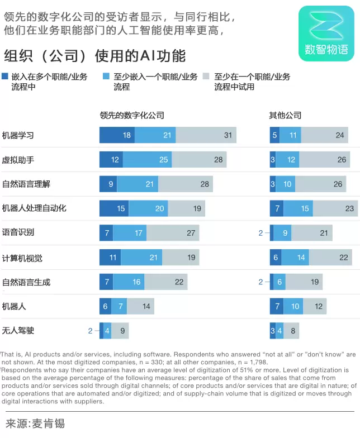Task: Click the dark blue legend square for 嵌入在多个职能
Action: point(6,77)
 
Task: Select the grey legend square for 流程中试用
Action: point(206,77)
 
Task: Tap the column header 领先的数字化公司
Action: point(132,115)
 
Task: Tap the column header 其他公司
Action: point(285,115)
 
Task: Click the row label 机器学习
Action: point(18,135)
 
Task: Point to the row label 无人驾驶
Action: point(18,331)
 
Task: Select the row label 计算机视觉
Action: point(22,258)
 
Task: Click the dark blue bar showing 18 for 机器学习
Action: point(117,135)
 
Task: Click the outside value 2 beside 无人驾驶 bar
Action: point(90,331)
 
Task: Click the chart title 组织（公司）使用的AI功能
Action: point(95,56)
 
